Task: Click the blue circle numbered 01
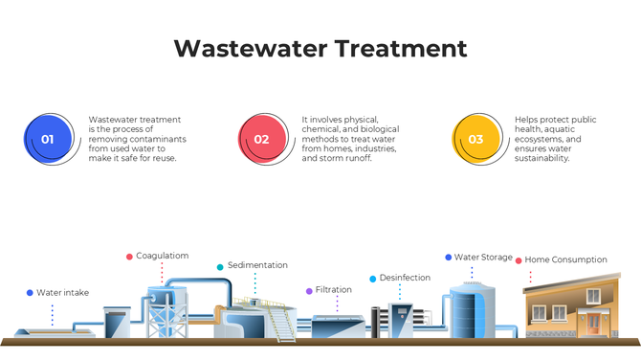tap(47, 139)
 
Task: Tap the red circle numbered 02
tap(261, 139)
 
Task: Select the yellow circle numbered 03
tap(475, 139)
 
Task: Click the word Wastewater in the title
tap(252, 49)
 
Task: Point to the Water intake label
tap(62, 293)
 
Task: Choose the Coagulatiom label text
tap(162, 257)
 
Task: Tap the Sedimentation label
tap(257, 266)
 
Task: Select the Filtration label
tap(333, 290)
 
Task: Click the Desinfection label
tap(405, 279)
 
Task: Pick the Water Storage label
tap(483, 258)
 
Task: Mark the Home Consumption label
tap(565, 259)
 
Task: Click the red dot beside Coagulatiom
tap(129, 257)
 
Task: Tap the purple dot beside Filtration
tap(308, 290)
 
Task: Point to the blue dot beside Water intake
tap(30, 293)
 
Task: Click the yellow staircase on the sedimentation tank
tap(282, 324)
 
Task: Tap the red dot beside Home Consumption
tap(519, 259)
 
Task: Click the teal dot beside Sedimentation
tap(220, 267)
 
